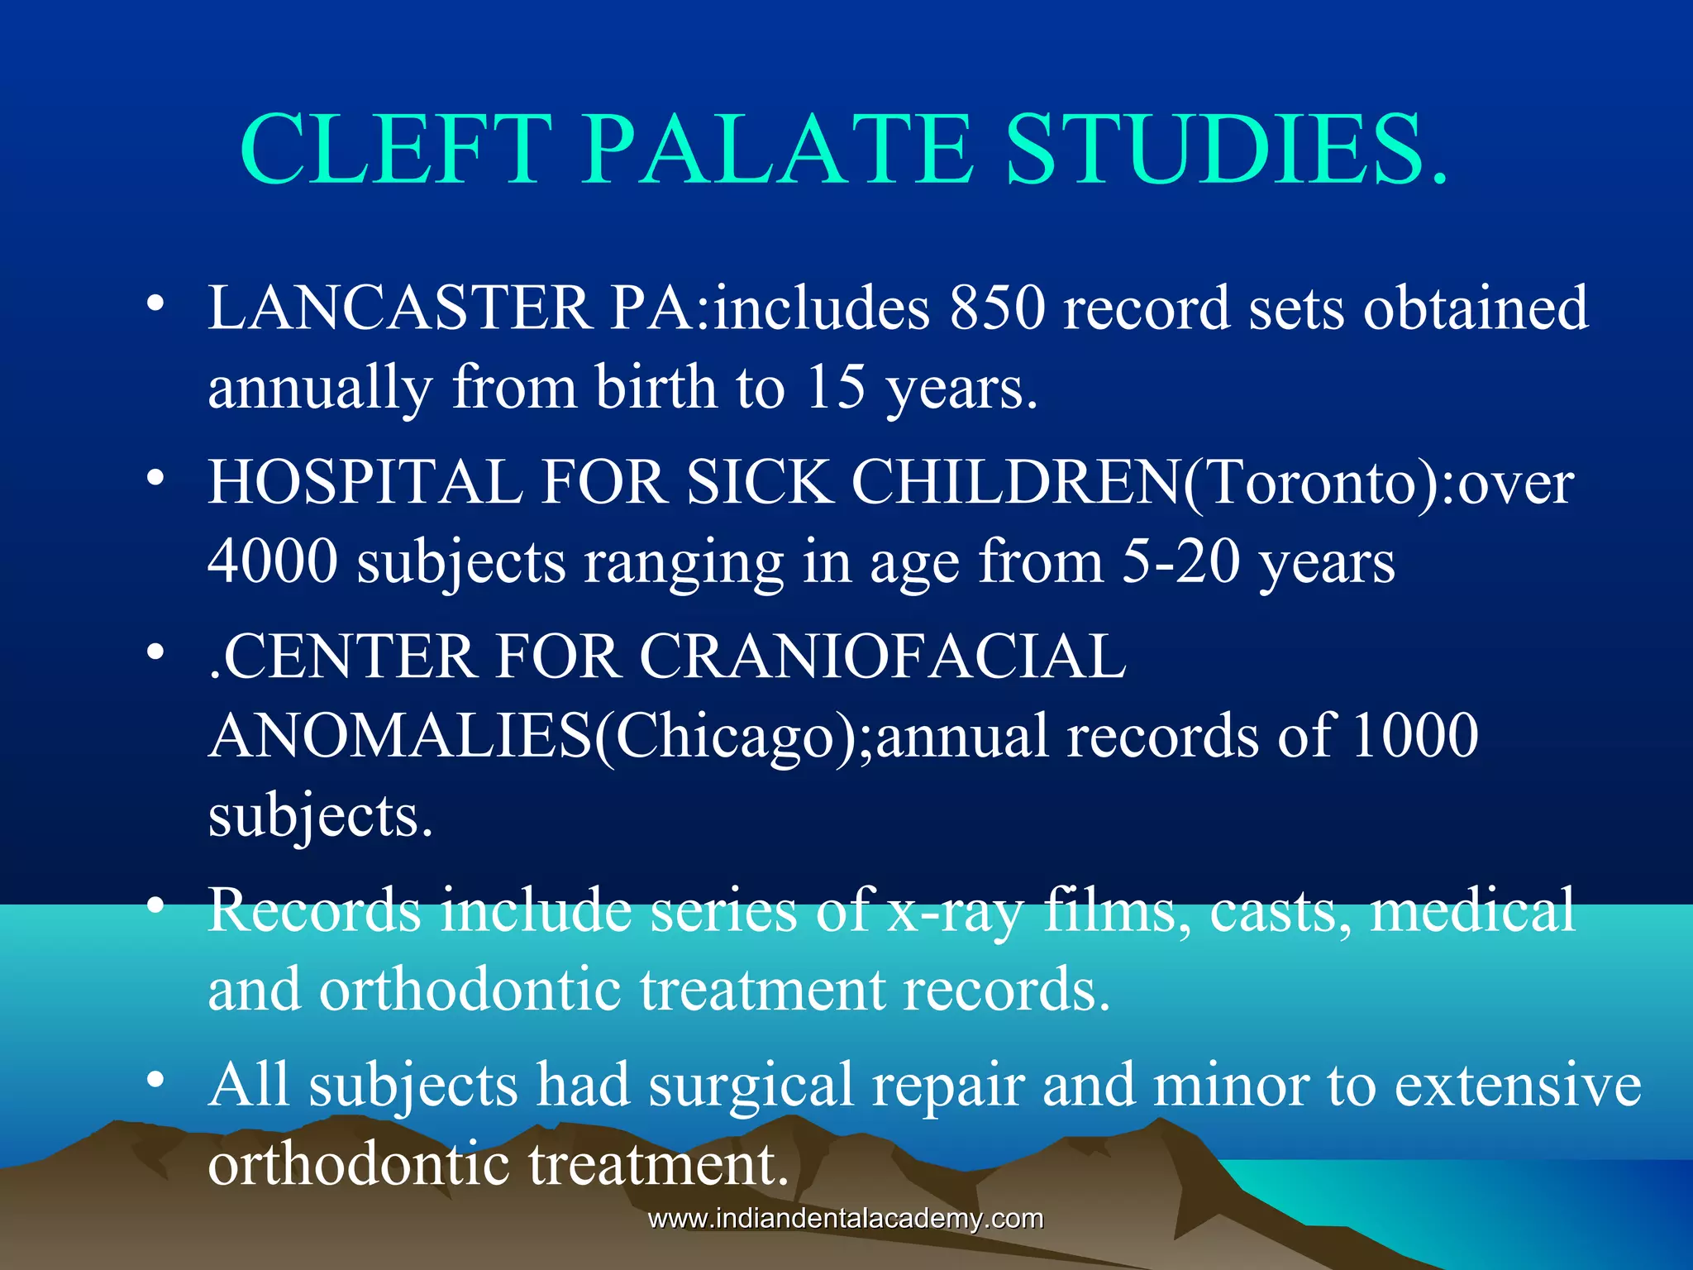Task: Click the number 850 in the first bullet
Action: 998,308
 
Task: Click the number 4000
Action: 273,561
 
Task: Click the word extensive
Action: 1518,1085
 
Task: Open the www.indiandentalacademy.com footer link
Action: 846,1219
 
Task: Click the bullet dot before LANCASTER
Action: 155,306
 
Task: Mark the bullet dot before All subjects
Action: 155,1081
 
